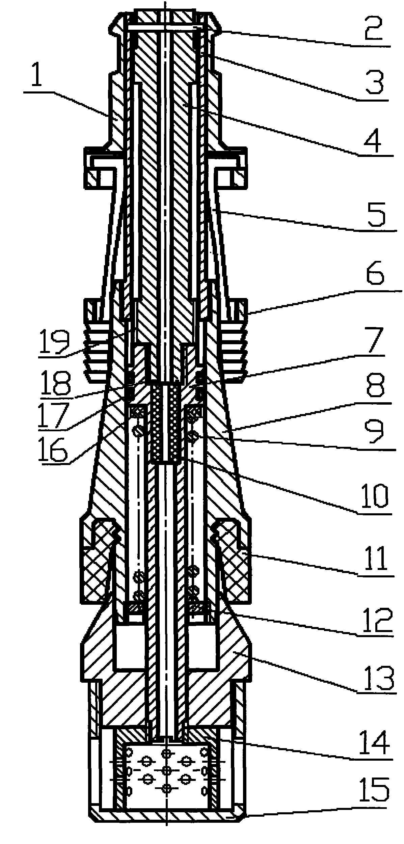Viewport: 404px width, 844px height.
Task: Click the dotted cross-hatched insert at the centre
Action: (x=165, y=421)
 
